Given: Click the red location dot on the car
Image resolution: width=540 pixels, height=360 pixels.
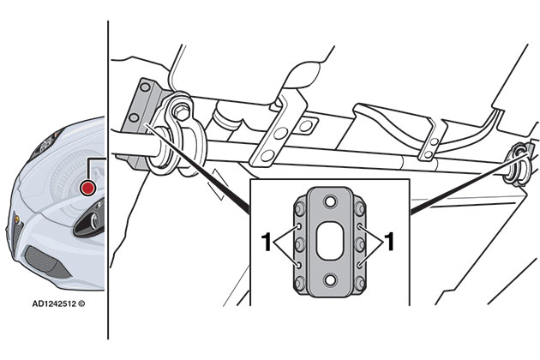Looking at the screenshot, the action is [87, 188].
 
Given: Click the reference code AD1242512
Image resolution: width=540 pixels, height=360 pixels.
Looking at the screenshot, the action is [54, 303].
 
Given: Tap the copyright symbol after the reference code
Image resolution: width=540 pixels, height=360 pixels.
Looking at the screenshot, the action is [81, 303].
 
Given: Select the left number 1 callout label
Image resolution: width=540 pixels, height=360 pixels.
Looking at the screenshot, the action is [267, 242].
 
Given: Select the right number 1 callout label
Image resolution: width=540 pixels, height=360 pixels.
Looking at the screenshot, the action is [389, 242].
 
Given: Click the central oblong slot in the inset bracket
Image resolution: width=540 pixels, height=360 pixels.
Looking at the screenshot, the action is [330, 241].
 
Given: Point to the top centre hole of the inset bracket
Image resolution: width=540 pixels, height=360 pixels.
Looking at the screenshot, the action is [330, 201].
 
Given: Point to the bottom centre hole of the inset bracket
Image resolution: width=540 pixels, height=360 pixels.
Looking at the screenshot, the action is [330, 280].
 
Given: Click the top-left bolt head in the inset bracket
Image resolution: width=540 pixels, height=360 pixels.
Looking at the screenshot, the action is [300, 208].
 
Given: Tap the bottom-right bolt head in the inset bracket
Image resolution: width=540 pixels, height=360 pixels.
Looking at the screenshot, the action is [360, 283].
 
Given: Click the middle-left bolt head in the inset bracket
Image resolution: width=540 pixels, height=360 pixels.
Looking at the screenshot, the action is [300, 244].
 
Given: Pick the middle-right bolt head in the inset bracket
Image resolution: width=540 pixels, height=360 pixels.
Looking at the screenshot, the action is [360, 244].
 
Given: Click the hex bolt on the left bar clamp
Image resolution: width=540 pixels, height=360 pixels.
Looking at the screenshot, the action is [180, 112].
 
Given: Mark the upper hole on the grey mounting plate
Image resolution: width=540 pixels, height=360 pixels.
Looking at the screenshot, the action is [145, 87].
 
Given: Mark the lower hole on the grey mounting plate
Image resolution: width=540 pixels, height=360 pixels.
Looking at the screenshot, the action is [134, 117].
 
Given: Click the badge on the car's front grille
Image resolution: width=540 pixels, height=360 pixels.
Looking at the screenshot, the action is [16, 219].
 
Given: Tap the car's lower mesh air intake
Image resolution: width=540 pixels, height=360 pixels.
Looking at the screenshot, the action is [47, 261].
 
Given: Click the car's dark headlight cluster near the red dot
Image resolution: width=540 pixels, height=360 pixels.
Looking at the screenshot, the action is [90, 218].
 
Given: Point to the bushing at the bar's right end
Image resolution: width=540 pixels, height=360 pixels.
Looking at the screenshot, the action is [517, 165].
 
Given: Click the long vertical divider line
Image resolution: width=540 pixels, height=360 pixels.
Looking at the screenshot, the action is [108, 180].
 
